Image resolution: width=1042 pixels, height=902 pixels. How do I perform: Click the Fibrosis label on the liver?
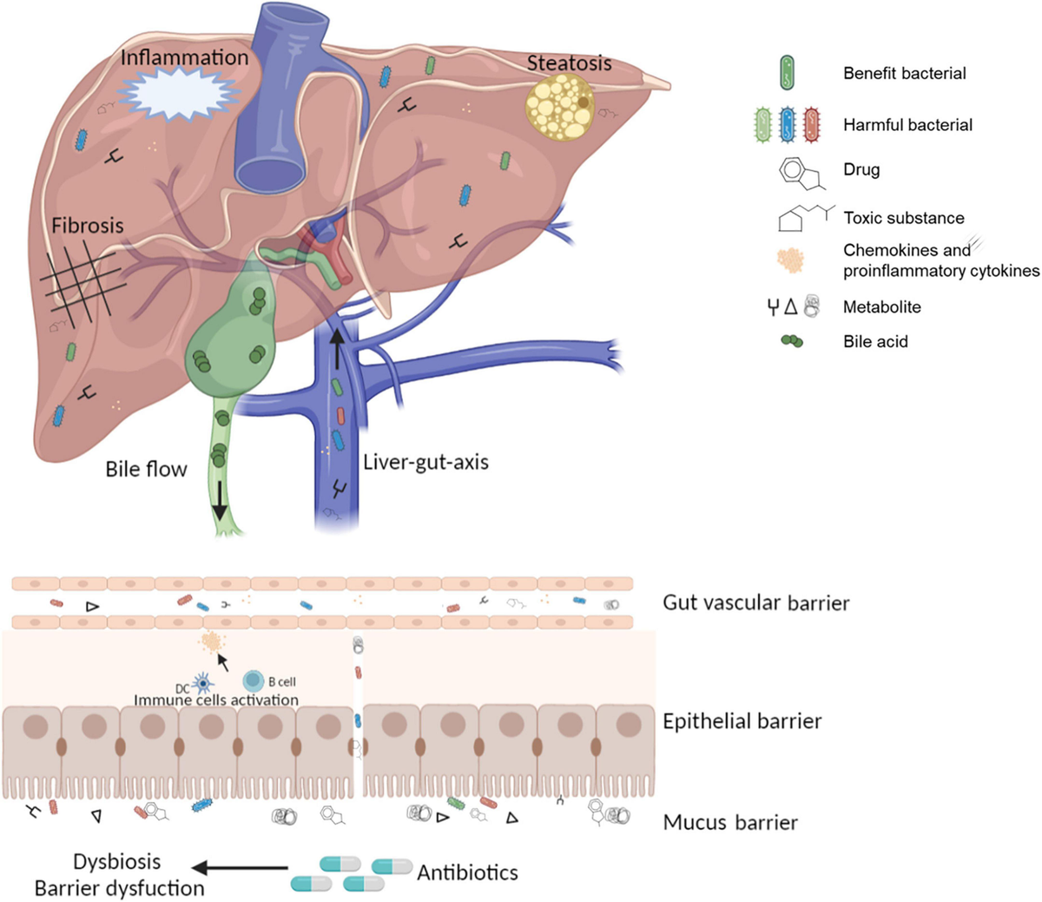pos(87,226)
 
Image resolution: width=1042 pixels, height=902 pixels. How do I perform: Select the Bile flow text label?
pos(146,470)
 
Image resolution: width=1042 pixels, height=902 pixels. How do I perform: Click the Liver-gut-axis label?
pos(425,462)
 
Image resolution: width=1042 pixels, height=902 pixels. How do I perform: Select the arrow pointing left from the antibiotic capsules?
pos(240,867)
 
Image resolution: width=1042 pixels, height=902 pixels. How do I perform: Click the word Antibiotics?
pos(467,872)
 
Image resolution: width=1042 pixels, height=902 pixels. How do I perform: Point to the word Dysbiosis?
pos(117,862)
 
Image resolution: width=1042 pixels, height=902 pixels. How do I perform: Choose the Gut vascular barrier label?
pos(755,602)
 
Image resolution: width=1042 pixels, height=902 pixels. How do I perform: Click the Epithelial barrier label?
pos(742,721)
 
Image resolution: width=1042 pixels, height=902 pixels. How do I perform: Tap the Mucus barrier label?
pos(730,822)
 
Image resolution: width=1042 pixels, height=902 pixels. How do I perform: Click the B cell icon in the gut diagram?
pos(253,681)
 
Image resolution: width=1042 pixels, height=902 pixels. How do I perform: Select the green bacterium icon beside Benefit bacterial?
pos(787,73)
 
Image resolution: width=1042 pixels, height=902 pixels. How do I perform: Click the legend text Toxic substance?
pos(903,218)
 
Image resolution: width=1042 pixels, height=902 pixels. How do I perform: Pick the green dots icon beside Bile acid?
pos(792,341)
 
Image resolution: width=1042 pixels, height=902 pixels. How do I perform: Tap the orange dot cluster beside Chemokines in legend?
pos(789,260)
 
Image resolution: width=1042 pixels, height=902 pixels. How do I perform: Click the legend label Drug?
pos(861,169)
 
